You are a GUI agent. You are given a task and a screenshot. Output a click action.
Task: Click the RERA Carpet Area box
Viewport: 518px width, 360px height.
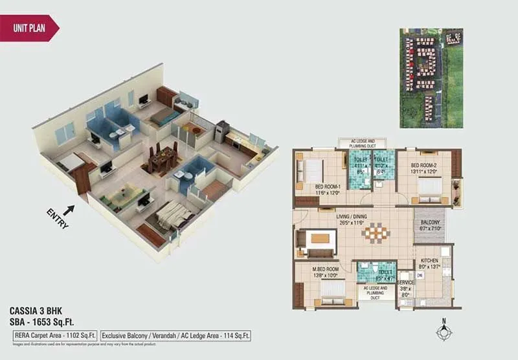click(x=56, y=335)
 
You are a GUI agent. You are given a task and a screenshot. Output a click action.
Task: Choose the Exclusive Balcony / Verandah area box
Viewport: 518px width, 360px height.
click(x=175, y=335)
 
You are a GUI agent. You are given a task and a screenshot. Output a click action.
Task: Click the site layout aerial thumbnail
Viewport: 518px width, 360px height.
click(x=431, y=78)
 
